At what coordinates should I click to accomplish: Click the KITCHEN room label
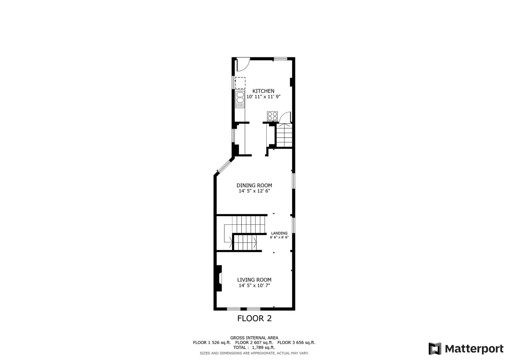tap(263, 91)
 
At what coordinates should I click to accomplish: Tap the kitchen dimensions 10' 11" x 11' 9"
tap(263, 97)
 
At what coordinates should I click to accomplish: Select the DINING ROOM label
tap(254, 185)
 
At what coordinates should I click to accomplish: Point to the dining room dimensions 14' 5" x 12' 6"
tap(254, 191)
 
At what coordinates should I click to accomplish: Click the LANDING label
tap(279, 233)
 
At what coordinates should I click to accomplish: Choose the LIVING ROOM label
tap(254, 280)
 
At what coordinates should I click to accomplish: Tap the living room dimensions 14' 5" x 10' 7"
tap(254, 286)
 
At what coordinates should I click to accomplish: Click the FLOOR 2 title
tap(254, 318)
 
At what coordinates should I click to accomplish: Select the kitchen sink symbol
tap(240, 99)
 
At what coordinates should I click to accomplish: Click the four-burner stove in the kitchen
tap(272, 116)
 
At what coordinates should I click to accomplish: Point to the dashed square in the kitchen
tap(240, 83)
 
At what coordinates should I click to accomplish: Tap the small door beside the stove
tap(285, 117)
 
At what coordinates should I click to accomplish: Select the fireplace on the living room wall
tap(219, 278)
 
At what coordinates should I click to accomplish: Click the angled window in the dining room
tap(224, 167)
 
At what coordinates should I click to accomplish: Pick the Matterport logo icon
tap(435, 349)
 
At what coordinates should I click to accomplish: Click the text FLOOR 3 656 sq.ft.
tap(296, 342)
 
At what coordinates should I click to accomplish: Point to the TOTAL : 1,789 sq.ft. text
tap(254, 347)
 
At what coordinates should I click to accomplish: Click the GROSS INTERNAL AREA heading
tap(254, 338)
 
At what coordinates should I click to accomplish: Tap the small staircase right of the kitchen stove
tap(284, 135)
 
